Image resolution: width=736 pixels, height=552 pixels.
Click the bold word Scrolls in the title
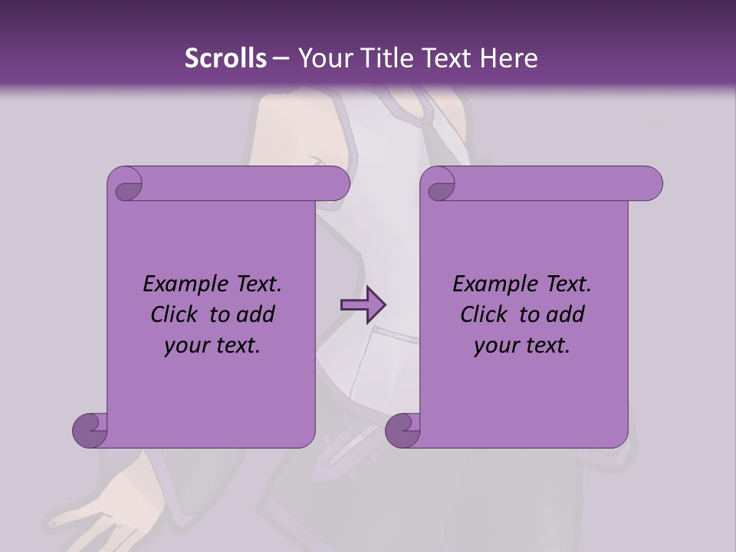pyautogui.click(x=225, y=58)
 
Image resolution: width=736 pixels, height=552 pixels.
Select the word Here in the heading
pyautogui.click(x=511, y=58)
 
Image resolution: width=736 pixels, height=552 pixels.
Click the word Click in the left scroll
pyautogui.click(x=176, y=314)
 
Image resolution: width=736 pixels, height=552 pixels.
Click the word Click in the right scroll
pyautogui.click(x=485, y=314)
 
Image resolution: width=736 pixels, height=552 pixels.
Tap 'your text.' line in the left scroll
pyautogui.click(x=212, y=346)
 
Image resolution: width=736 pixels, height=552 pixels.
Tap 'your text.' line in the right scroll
pyautogui.click(x=522, y=346)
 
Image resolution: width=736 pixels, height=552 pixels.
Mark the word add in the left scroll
pyautogui.click(x=255, y=314)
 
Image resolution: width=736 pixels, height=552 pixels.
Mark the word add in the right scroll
pyautogui.click(x=565, y=314)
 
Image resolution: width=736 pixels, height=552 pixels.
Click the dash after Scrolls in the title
pyautogui.click(x=281, y=58)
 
